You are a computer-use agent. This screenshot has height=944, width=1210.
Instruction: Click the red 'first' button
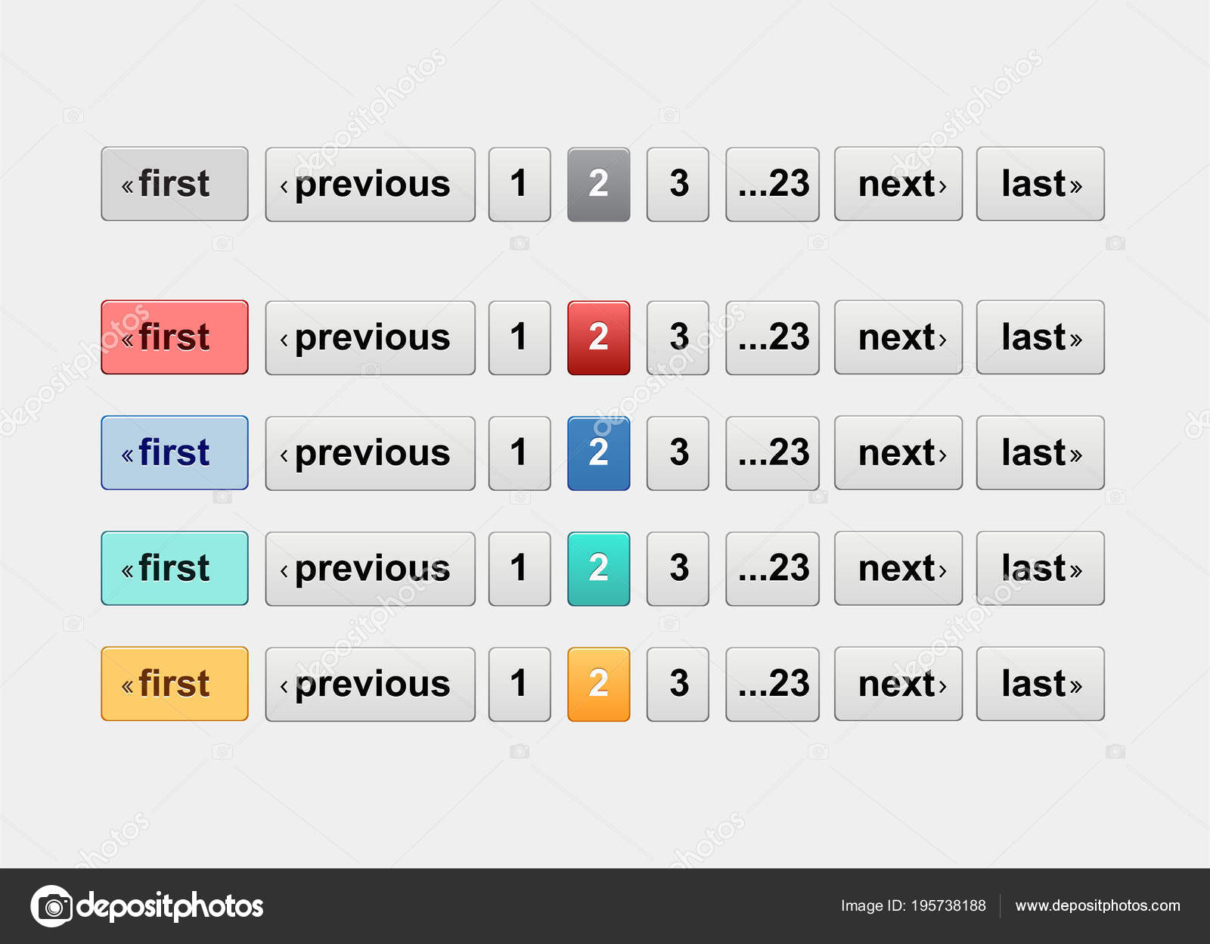point(175,337)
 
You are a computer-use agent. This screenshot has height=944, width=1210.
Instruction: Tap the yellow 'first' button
point(175,684)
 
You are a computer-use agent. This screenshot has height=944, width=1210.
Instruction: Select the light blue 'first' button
point(175,453)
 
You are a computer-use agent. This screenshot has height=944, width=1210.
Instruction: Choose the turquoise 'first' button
point(175,568)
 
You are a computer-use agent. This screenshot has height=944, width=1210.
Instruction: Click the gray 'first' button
point(175,184)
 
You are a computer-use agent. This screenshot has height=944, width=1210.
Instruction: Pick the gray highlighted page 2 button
point(598,184)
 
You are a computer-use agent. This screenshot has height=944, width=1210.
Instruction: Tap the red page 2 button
point(598,337)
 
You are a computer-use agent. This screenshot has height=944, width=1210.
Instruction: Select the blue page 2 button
point(598,453)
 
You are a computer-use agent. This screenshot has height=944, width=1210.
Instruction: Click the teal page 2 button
point(598,568)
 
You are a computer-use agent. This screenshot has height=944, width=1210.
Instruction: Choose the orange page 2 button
point(598,684)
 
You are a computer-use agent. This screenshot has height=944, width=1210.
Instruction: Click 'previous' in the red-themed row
point(370,337)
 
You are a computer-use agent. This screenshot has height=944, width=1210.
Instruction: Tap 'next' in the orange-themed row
point(898,684)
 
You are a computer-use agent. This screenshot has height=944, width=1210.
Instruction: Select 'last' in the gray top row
point(1041,184)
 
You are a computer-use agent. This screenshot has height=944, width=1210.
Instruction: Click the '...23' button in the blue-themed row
point(772,453)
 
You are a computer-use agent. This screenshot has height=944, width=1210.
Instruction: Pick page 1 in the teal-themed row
point(520,568)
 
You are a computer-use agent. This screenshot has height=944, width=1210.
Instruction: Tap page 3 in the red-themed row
point(678,337)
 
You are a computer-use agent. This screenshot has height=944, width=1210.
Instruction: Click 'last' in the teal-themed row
point(1041,568)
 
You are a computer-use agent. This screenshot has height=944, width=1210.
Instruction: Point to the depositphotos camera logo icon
point(51,906)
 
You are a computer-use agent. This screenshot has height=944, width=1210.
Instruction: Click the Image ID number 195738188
point(948,906)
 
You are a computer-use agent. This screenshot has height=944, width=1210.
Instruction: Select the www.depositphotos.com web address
point(1097,906)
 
